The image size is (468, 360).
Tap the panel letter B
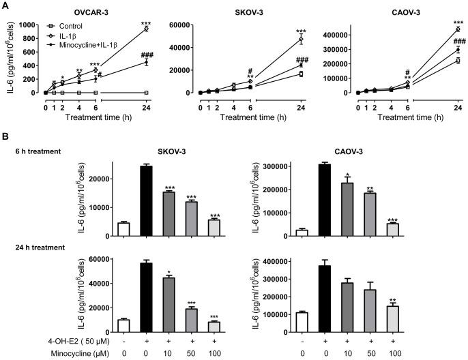[x=6, y=138]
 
